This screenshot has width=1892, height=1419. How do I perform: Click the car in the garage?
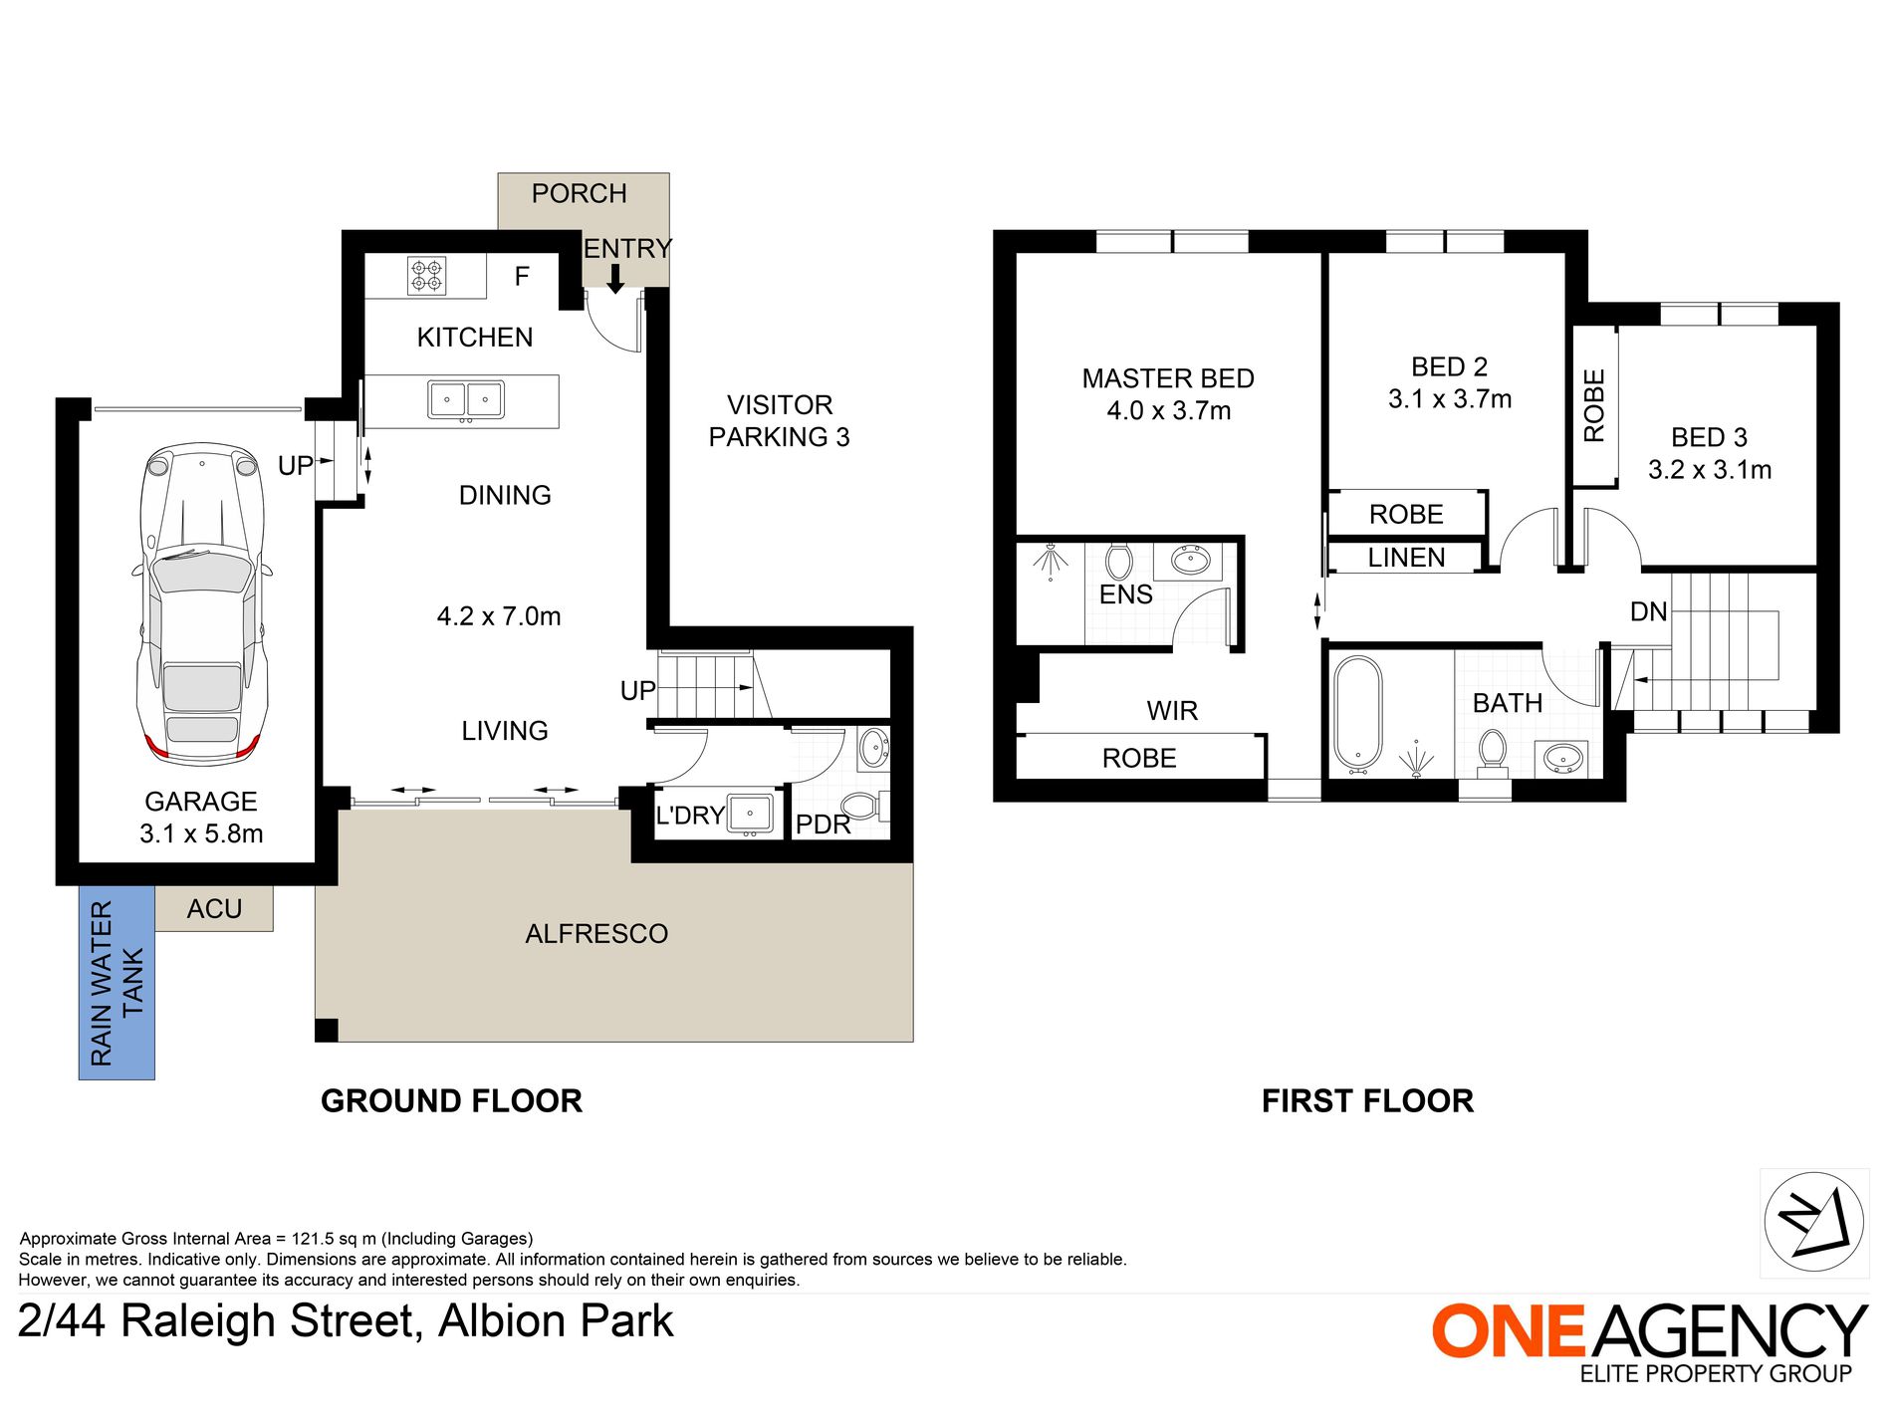coord(201,604)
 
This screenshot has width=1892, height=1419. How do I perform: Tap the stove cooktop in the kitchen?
coord(427,276)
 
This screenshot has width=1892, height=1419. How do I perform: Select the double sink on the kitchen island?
coord(466,400)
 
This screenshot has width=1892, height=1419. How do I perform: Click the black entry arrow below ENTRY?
coord(615,279)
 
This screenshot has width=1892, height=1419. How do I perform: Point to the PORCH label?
coord(580,193)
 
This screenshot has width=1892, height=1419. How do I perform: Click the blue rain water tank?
coord(117,982)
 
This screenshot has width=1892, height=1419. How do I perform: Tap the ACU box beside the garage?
coord(214,908)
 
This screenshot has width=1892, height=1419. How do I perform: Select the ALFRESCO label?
coord(596,934)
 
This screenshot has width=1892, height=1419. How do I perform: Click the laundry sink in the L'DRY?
coord(751,814)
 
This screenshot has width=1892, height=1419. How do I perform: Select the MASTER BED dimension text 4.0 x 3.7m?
coord(1169,410)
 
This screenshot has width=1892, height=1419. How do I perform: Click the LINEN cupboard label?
coord(1406,558)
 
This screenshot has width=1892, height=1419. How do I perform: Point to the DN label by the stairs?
coord(1649,611)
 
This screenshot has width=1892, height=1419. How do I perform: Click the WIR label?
coord(1172,711)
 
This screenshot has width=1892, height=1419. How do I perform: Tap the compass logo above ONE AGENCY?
coord(1814,1223)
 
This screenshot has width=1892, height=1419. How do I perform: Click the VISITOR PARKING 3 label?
coord(780,421)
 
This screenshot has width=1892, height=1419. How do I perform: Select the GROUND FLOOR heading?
coord(451,1101)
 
